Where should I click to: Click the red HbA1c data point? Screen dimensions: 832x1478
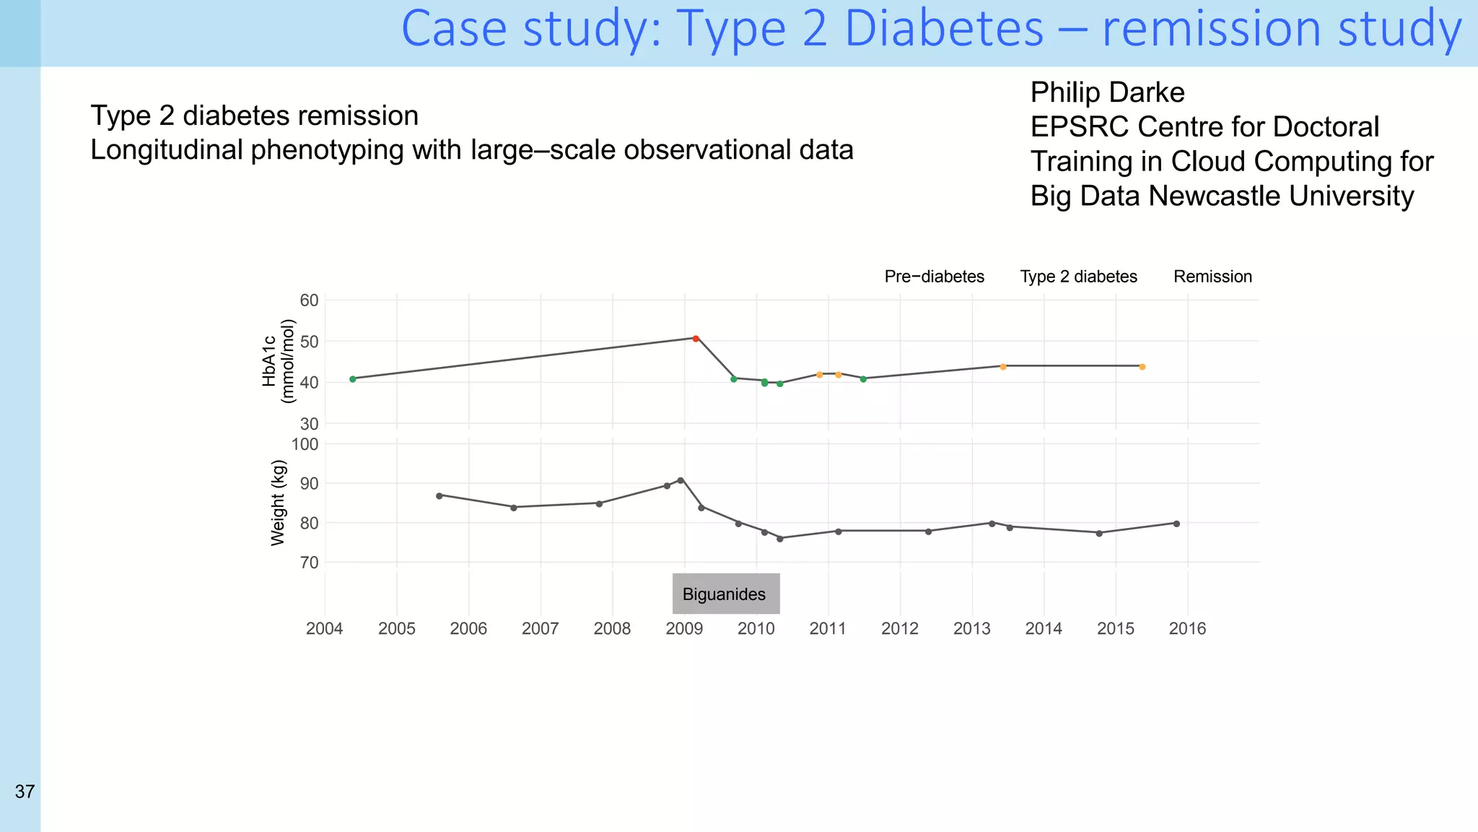pos(696,338)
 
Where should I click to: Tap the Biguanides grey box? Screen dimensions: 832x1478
pos(725,594)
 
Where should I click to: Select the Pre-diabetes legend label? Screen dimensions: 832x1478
pos(934,277)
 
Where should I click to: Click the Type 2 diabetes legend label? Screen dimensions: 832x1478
pos(1078,277)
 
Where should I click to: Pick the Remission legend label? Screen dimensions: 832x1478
pos(1212,277)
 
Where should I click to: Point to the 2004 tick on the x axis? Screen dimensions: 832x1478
pos(325,628)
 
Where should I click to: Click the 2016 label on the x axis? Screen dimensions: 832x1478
pos(1187,628)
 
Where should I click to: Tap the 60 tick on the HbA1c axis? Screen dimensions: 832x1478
pos(309,300)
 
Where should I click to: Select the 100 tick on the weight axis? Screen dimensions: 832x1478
pos(305,444)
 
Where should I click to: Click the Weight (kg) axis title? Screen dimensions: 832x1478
pos(278,503)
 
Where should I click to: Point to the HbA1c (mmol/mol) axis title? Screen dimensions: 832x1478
pos(279,360)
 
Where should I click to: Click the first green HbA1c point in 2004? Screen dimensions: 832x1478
pos(353,379)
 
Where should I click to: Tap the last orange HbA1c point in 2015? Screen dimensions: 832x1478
pos(1142,367)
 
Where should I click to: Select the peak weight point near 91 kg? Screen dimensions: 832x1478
pos(681,480)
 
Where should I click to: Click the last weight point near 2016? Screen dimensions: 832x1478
pos(1176,524)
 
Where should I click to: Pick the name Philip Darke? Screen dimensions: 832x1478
pos(1107,92)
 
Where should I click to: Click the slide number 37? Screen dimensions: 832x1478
pos(25,792)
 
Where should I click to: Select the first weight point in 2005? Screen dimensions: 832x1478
pos(440,495)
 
